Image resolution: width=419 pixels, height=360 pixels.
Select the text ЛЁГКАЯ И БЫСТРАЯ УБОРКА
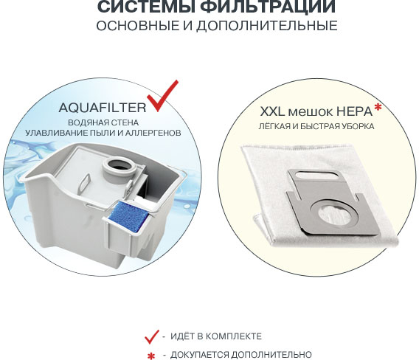[x=316, y=127]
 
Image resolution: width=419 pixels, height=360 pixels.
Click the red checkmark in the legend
[x=152, y=336]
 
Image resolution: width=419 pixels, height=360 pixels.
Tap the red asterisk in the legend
[x=152, y=356]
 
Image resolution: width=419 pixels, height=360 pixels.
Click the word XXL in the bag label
[x=271, y=112]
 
